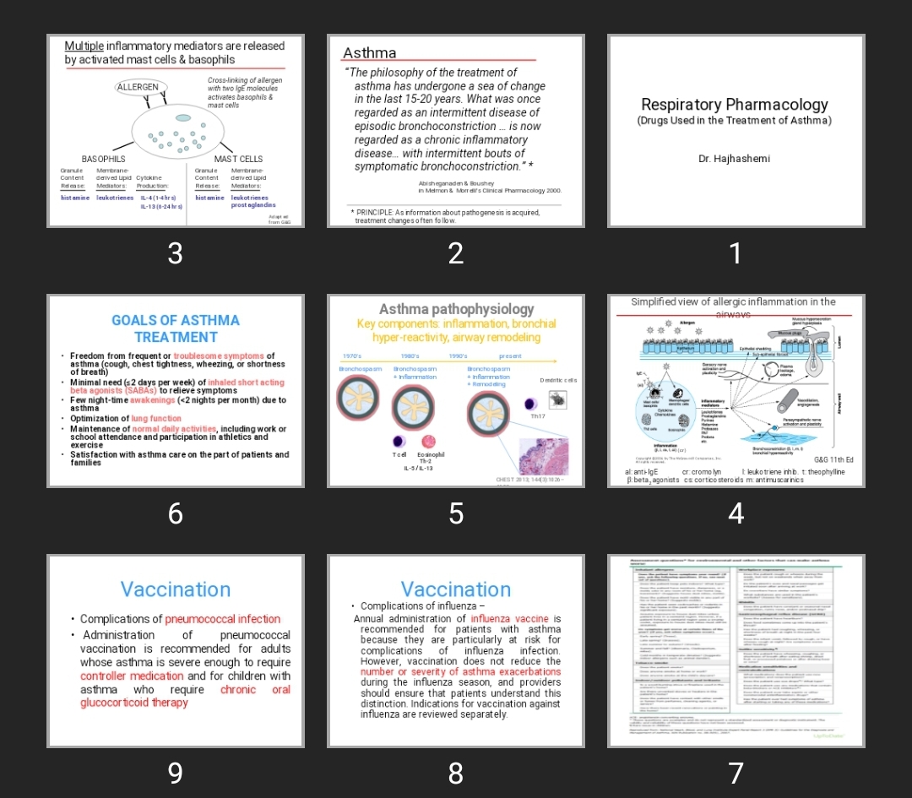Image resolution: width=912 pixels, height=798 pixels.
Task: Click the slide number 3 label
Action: pos(175,252)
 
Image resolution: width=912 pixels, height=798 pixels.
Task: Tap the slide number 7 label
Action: pos(736,773)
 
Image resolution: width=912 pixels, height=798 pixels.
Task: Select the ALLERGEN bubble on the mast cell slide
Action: pos(138,87)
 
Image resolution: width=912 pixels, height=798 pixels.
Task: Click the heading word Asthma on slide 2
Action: pos(369,53)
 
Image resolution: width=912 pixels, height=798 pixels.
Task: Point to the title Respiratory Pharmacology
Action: pos(735,105)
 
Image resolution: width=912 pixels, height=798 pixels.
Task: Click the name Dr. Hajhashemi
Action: pos(734,159)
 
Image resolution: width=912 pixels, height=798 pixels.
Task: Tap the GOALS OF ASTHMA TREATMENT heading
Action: pos(176,328)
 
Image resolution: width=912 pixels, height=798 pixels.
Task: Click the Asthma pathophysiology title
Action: pos(456,309)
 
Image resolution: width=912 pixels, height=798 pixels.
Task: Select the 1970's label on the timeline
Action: pos(352,356)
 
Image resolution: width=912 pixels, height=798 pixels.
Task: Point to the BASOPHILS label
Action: pos(103,159)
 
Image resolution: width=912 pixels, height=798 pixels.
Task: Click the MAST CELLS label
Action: pos(238,159)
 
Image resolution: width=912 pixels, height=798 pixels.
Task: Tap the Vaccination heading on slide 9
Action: pos(176,589)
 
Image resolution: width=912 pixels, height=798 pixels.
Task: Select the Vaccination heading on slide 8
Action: pos(456,589)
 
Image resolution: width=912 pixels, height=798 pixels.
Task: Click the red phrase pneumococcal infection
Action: pos(223,619)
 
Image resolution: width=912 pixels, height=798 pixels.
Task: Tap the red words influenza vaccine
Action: pos(509,619)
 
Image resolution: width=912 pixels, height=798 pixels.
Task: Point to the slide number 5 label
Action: pos(456,513)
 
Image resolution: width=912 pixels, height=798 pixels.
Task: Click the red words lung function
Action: pos(156,419)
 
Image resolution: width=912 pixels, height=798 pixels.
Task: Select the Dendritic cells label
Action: pos(558,381)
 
